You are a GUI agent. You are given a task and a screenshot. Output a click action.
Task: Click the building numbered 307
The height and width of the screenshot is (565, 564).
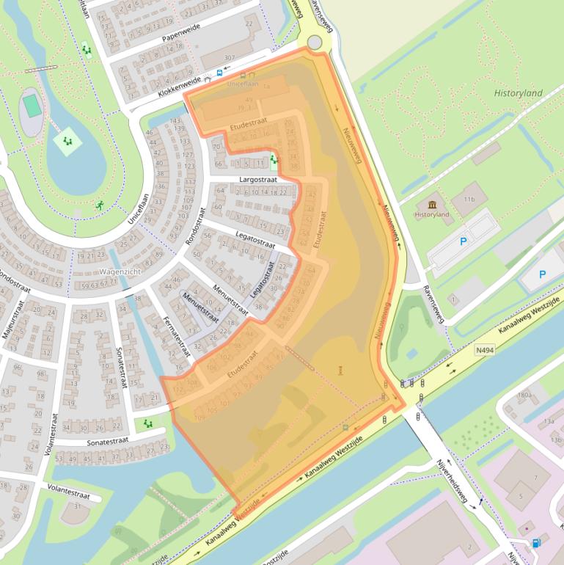click(x=230, y=57)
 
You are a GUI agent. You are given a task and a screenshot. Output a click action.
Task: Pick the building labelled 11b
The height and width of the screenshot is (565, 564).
click(x=469, y=199)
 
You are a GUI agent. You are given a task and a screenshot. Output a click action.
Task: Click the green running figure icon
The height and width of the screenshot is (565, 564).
click(x=100, y=205)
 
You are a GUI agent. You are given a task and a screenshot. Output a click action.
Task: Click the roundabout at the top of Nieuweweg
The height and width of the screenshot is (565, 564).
click(x=315, y=43)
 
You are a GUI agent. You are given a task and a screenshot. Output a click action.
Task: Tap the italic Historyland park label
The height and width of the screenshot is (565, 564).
click(x=518, y=93)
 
